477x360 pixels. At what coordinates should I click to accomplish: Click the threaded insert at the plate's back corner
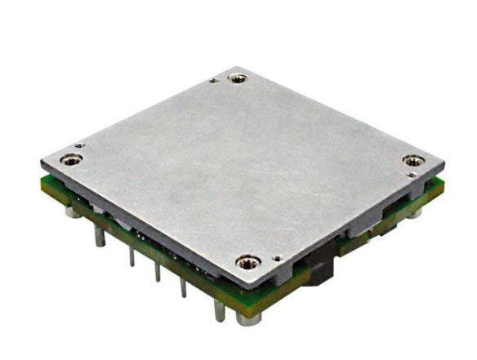pyautogui.click(x=238, y=78)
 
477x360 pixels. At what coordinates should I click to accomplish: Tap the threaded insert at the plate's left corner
pyautogui.click(x=72, y=159)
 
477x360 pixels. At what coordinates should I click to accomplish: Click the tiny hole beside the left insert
pyautogui.click(x=79, y=147)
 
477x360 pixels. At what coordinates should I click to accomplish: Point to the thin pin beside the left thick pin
pyautogui.click(x=131, y=256)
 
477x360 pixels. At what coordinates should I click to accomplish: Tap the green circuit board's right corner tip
pyautogui.click(x=444, y=185)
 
